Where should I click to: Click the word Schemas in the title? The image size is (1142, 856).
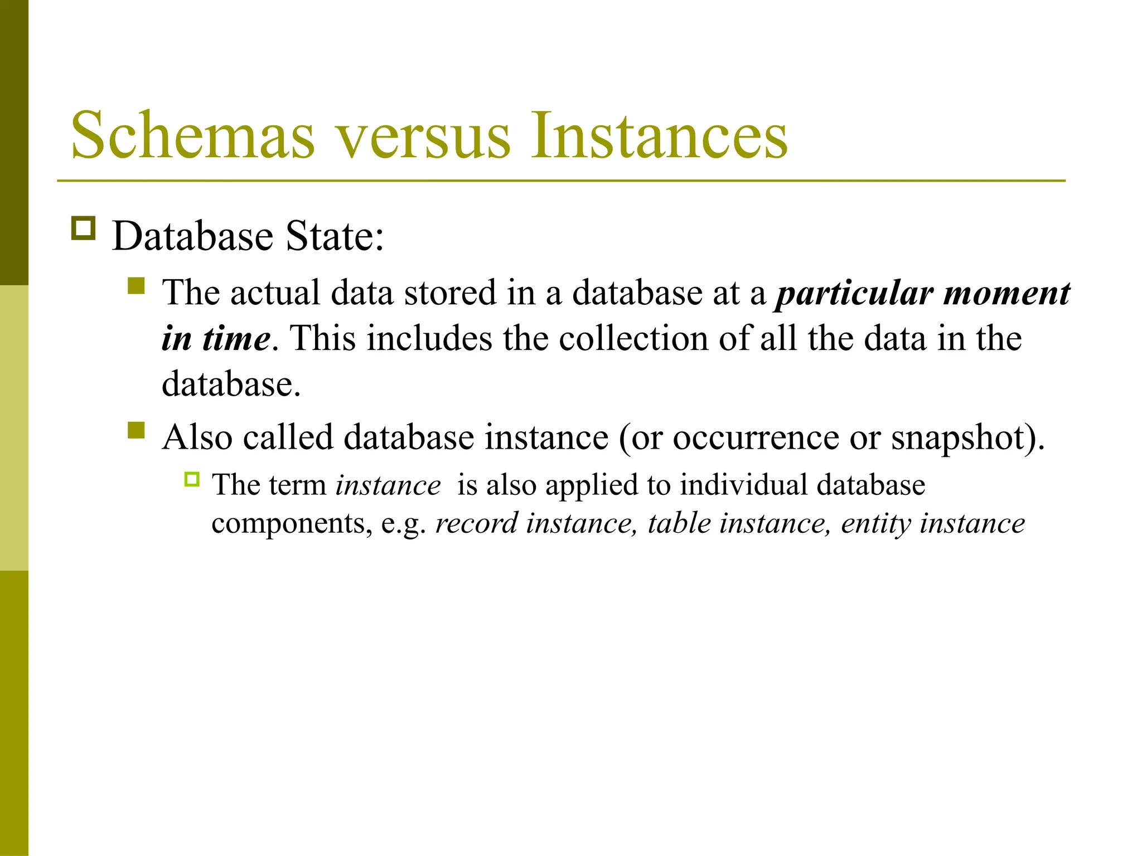coord(192,135)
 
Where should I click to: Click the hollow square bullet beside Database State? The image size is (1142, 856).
coord(84,228)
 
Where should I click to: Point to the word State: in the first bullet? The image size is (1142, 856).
coord(335,236)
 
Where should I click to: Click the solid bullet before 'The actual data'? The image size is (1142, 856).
coord(136,286)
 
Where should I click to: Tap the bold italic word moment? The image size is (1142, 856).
coord(1006,293)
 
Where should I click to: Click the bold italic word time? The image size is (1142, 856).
coord(236,339)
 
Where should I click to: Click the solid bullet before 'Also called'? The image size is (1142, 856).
coord(136,430)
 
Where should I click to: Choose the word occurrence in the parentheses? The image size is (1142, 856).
coord(756,437)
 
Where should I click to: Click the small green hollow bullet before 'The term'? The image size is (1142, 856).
coord(192,479)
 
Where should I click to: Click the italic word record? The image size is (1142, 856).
coord(477,524)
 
